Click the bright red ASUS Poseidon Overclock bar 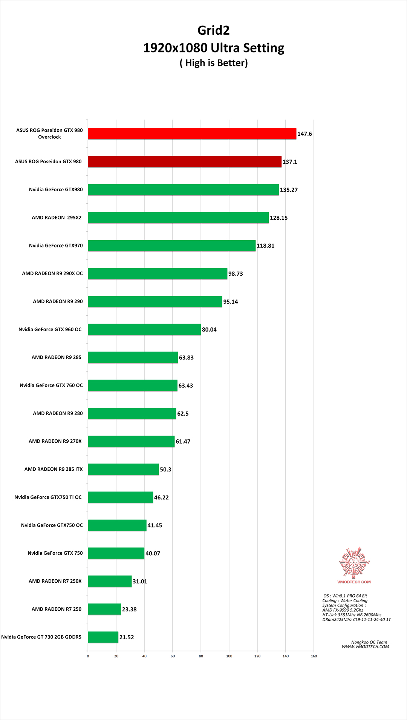(x=192, y=134)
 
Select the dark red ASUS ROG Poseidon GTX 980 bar (x=185, y=161)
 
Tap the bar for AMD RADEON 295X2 (x=178, y=218)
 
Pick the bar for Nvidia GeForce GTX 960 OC (x=144, y=329)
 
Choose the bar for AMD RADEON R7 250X (x=110, y=581)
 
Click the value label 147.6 (x=304, y=134)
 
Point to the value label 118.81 (x=265, y=246)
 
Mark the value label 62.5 (x=183, y=414)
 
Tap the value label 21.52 (x=127, y=637)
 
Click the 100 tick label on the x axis (x=229, y=656)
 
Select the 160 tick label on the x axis (x=314, y=656)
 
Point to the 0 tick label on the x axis (x=88, y=656)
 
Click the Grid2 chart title (x=214, y=30)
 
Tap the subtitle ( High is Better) (x=214, y=63)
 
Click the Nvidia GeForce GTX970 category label (x=56, y=246)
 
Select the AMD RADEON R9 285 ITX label (x=54, y=469)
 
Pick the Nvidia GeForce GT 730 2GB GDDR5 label (x=41, y=637)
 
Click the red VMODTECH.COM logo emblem (x=354, y=562)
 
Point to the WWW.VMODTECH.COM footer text (x=365, y=646)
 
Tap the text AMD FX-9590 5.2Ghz (x=343, y=610)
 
